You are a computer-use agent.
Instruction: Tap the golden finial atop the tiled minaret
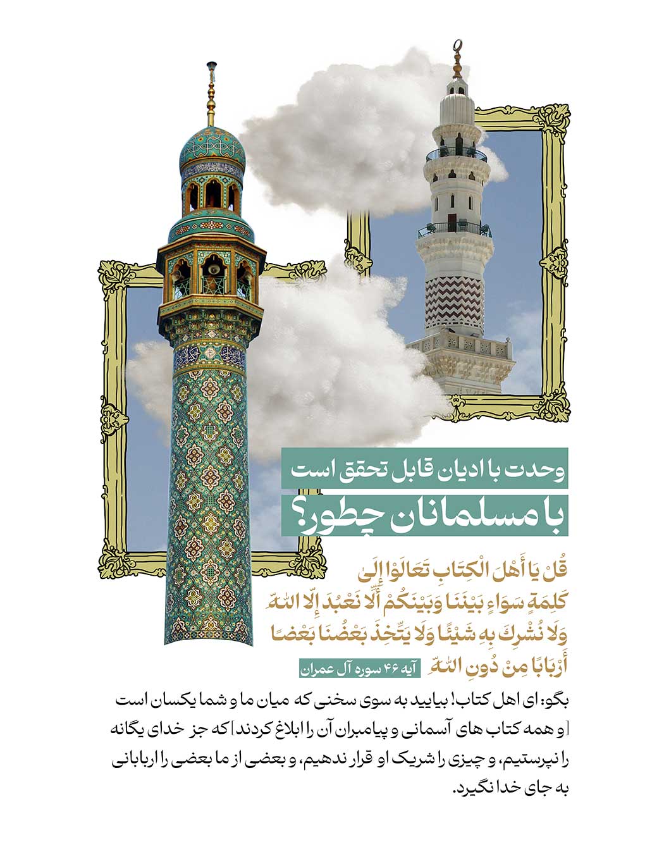pos(211,95)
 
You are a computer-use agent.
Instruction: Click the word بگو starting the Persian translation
pos(557,701)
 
